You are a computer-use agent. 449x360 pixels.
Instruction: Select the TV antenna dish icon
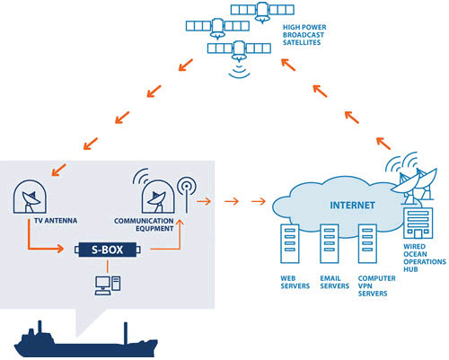click(x=34, y=195)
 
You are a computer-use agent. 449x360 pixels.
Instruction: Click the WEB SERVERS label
click(x=286, y=285)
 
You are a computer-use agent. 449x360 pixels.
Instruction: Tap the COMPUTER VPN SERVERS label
click(x=370, y=289)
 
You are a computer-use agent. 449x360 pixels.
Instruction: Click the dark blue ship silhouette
click(x=81, y=340)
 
